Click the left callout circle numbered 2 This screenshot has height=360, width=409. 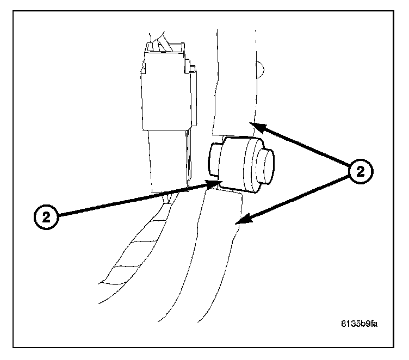tap(47, 217)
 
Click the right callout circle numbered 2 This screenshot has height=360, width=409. tap(360, 172)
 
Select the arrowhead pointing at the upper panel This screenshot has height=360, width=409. tap(258, 127)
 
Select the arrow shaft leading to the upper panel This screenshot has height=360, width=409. tap(305, 146)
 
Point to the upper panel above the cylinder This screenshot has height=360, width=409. tap(234, 82)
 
